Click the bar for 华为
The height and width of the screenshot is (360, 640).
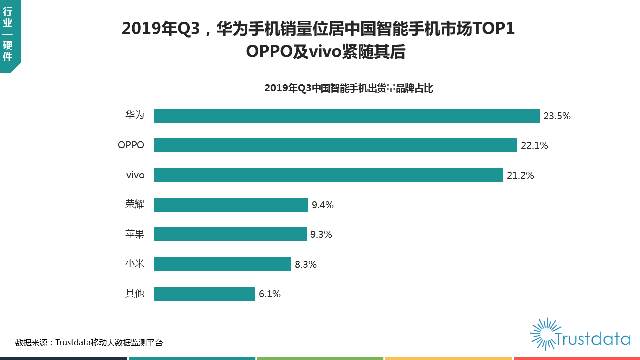(347, 116)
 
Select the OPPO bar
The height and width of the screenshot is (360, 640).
(335, 145)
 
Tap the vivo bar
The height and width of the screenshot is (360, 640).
(328, 175)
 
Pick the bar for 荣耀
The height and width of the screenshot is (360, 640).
(231, 205)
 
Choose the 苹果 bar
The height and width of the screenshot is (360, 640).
(230, 234)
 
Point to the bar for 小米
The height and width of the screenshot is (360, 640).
(222, 264)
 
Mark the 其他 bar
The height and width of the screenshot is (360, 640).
(204, 294)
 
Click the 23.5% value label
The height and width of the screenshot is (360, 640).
(557, 116)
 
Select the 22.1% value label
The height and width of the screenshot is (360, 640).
(534, 146)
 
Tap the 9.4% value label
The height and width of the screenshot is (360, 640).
(322, 205)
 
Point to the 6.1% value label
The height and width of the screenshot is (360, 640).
(270, 294)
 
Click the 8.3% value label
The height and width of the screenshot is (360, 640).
(306, 264)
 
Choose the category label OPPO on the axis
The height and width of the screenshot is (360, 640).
(131, 145)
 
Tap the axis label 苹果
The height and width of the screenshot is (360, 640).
(135, 234)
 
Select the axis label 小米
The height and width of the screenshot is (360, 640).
(135, 264)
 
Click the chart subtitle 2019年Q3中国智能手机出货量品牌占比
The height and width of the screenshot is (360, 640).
(348, 89)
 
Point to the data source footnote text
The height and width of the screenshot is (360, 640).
(89, 343)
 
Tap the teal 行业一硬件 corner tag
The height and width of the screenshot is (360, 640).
(8, 35)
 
